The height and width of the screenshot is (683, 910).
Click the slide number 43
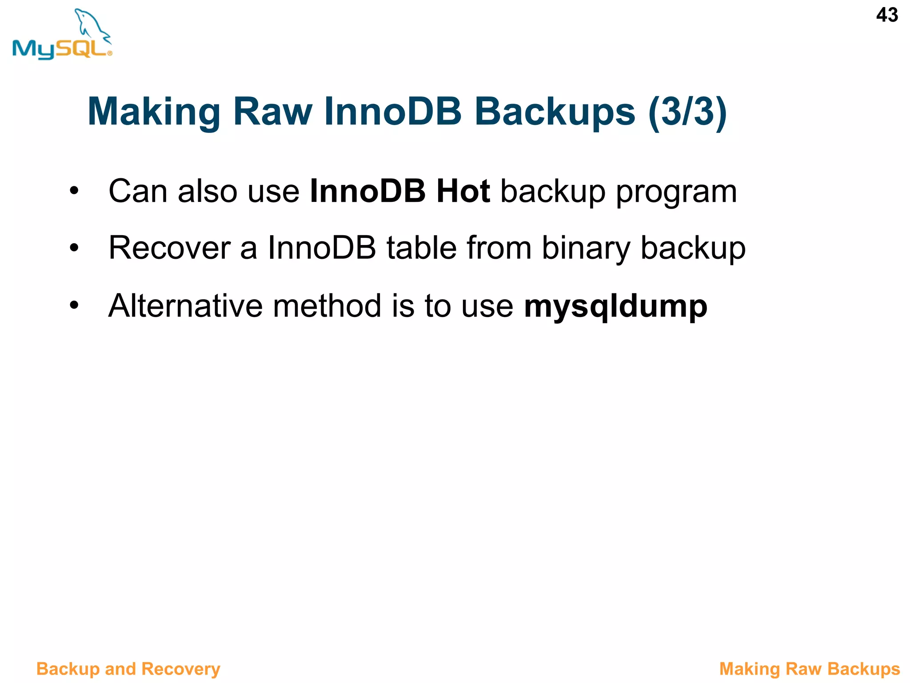[x=887, y=15]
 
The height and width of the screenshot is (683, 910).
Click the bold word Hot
[x=463, y=191]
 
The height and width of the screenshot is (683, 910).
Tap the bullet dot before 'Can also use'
[x=74, y=191]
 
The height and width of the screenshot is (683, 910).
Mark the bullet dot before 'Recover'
[x=74, y=248]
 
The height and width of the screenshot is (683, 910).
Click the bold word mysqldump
[x=615, y=307]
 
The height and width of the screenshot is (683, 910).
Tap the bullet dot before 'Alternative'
[x=74, y=305]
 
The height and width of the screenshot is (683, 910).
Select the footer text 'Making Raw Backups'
[x=809, y=669]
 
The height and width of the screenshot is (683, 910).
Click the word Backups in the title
[x=555, y=112]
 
